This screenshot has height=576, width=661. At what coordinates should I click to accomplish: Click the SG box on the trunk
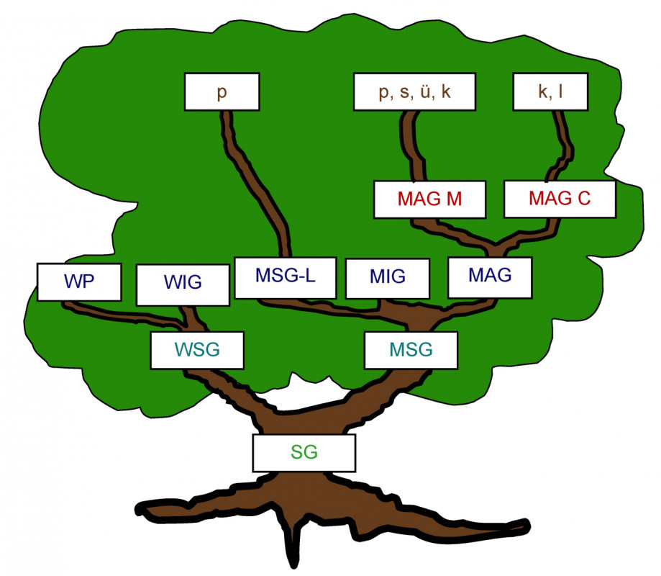(304, 452)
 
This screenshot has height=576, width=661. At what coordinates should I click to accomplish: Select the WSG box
(196, 350)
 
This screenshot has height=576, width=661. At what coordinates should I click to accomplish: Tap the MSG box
(411, 350)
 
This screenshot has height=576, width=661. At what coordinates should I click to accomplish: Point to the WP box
(78, 282)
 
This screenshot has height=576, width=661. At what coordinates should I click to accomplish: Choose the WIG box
(182, 284)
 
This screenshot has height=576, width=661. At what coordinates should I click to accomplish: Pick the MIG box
(388, 277)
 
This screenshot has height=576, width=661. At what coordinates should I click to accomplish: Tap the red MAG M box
(429, 199)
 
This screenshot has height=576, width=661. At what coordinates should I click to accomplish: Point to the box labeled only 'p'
(221, 93)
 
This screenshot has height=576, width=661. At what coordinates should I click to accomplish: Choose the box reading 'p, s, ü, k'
(415, 93)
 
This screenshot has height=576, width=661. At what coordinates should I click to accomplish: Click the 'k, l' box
(550, 93)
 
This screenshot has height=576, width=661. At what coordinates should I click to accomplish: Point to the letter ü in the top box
(426, 93)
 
